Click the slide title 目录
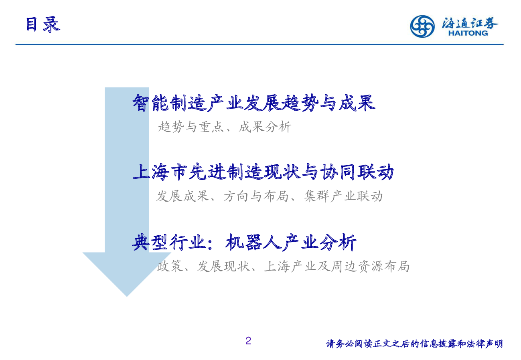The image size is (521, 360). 43,24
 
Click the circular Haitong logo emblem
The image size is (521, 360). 422,26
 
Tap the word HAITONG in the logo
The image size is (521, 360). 468,33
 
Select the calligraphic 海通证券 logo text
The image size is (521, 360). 470,23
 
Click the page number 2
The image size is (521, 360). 248,341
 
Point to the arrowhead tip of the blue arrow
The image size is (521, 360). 127,297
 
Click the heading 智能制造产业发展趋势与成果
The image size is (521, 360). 254,103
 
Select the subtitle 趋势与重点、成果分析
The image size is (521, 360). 225,127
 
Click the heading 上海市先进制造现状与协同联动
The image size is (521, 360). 263,172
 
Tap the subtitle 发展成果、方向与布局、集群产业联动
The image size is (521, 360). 270,196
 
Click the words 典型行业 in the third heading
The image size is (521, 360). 169,243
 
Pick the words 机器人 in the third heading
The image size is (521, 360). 253,243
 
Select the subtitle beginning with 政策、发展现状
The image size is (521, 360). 283,266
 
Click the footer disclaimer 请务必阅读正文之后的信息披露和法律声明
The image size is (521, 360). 414,344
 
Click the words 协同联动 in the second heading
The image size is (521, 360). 357,172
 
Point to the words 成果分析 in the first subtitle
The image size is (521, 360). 265,127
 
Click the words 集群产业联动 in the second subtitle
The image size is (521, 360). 343,196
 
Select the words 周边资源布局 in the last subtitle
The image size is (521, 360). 370,266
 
